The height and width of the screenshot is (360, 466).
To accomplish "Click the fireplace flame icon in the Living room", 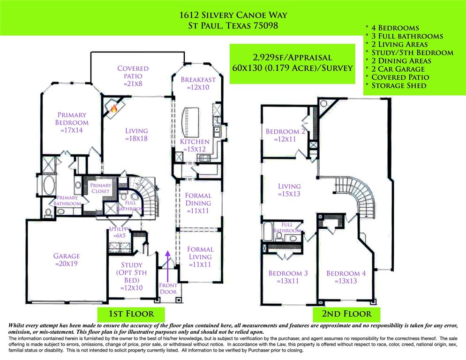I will point(113,109).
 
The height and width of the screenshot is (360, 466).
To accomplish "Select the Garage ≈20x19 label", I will point(66,260).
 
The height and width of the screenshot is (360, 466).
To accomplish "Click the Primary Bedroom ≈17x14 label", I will point(72,122).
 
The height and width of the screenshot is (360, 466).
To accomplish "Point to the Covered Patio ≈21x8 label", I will point(133,76).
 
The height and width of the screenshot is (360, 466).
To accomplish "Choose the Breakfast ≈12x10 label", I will point(198,83).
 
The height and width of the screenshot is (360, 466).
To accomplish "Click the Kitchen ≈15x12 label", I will point(195,145).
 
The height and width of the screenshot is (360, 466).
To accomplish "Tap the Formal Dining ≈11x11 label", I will point(198,203).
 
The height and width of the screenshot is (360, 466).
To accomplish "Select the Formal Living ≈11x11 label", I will point(200,257).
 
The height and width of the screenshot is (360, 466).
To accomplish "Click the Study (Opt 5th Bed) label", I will point(131,276).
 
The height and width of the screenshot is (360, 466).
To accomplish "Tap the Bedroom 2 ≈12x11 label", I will point(285,135).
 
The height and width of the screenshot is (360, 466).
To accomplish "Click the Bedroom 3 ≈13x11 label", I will point(288,277).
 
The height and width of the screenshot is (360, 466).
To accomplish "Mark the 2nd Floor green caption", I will point(346,314).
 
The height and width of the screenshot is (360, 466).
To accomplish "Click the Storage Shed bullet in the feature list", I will point(399,85).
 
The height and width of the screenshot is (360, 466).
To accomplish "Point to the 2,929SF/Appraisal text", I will point(292,58).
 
